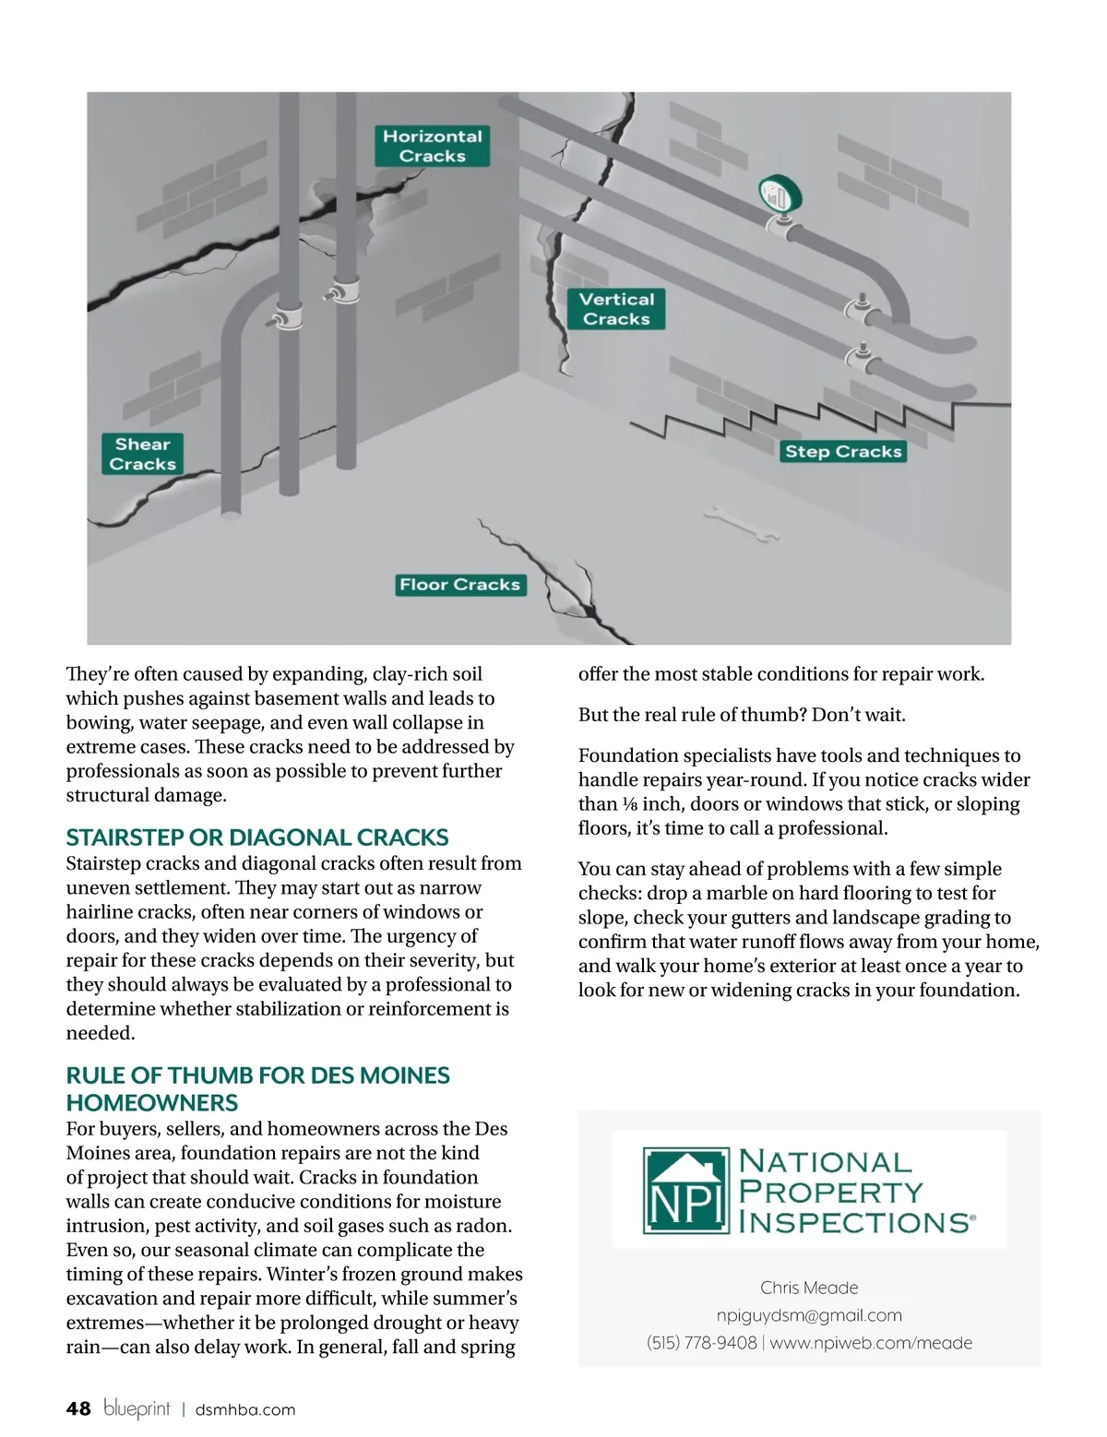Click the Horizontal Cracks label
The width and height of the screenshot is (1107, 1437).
point(432,146)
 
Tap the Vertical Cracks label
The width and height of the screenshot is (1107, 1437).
point(616,309)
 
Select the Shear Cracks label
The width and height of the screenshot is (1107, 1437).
point(143,454)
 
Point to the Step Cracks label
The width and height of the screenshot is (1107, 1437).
point(843,451)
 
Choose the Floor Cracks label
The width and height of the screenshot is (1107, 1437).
point(460,585)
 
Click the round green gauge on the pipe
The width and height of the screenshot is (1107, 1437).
point(780,195)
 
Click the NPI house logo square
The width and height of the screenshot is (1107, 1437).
point(684,1191)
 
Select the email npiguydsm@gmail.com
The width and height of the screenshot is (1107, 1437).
point(809,1315)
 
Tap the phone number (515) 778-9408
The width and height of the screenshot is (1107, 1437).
point(702,1343)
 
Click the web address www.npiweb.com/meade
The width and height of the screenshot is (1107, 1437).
point(871,1343)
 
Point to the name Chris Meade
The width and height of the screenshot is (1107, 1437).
point(809,1288)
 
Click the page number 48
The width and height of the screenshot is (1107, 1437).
point(78,1408)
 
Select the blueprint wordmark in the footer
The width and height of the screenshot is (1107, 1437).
point(137,1408)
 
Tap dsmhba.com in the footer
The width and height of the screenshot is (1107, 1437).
point(245,1409)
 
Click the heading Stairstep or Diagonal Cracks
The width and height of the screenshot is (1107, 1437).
point(257,837)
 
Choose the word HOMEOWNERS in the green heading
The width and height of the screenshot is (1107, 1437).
point(152,1102)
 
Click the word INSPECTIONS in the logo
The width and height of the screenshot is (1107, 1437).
point(854,1222)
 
